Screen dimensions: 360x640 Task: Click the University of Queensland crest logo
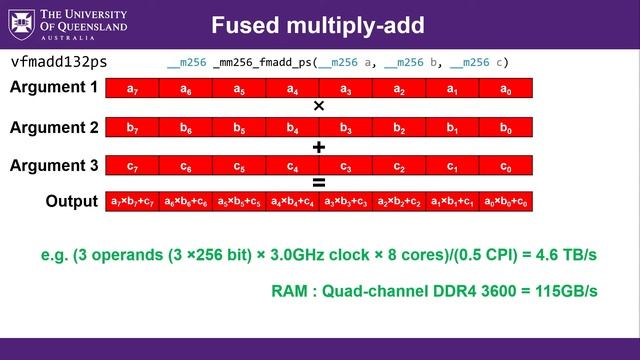tap(19, 22)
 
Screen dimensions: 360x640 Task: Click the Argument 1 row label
tap(54, 87)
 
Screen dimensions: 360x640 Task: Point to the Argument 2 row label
tap(54, 127)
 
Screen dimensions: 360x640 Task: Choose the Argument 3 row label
tap(54, 165)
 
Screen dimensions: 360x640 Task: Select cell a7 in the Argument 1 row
tap(132, 88)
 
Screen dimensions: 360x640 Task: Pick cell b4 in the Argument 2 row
tap(292, 128)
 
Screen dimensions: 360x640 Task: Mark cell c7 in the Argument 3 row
tap(132, 166)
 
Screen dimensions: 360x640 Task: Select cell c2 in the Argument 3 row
tap(399, 166)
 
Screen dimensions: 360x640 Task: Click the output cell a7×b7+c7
tap(132, 202)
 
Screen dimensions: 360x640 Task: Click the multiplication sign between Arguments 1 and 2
tap(319, 106)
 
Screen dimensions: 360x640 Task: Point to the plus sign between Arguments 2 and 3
tap(319, 146)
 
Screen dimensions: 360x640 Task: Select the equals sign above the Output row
tap(319, 183)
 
